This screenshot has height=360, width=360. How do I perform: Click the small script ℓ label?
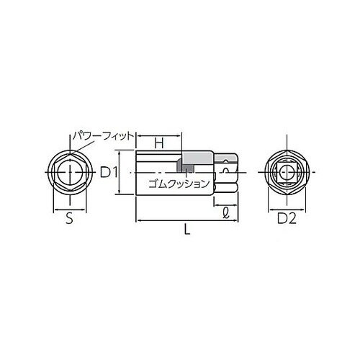[226, 212]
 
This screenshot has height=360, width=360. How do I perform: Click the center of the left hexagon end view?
[69, 173]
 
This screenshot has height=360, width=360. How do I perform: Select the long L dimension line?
[186, 220]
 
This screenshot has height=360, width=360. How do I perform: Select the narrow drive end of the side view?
[226, 173]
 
